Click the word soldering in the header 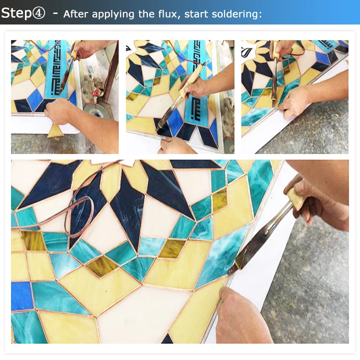coord(238,13)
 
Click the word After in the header coord(76,13)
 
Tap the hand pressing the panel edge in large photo coord(240,312)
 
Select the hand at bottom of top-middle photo coord(175,145)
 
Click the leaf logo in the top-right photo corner coord(248,48)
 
